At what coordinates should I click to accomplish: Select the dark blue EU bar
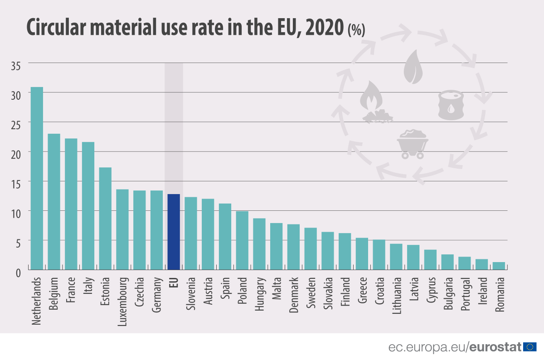(174, 232)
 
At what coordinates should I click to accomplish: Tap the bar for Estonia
(105, 219)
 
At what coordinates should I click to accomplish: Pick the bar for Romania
(499, 266)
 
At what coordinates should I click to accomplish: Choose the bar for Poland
(242, 240)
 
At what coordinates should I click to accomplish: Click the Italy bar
(88, 206)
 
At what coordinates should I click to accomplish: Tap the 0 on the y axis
(18, 272)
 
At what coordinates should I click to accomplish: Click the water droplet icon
(413, 67)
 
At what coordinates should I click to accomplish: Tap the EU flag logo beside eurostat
(529, 347)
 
